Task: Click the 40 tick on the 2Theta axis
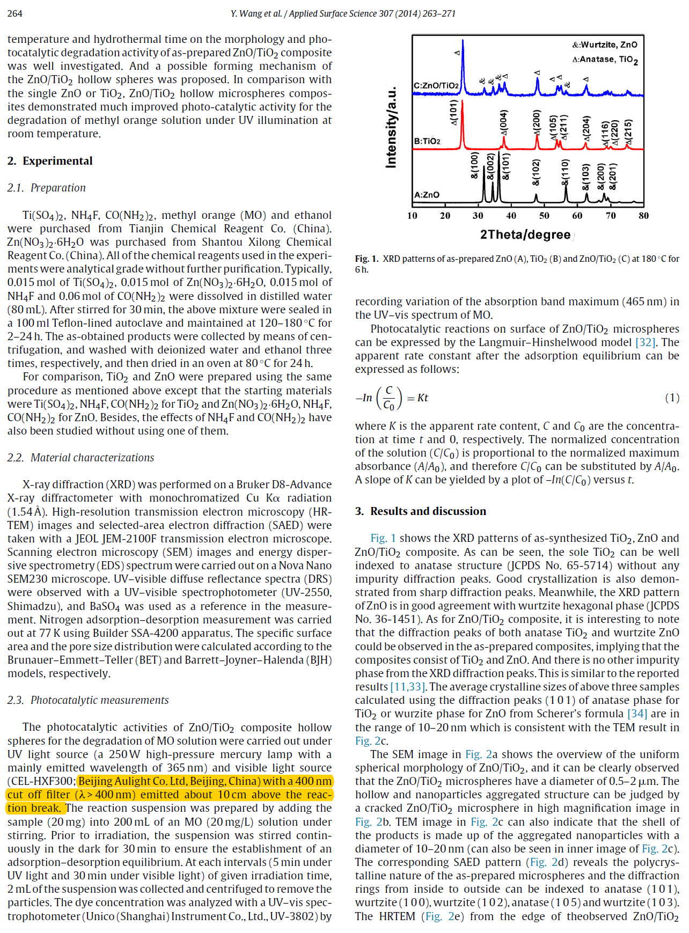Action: [511, 216]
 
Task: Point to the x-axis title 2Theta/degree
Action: [525, 234]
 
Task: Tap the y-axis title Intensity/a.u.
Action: [391, 127]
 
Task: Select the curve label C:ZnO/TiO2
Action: [436, 85]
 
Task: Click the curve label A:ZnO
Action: [427, 195]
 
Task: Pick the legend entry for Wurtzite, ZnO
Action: [605, 45]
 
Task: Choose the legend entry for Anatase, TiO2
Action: [605, 60]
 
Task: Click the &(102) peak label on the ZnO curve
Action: [536, 172]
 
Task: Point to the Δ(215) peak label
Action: [628, 132]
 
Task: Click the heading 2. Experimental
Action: [50, 161]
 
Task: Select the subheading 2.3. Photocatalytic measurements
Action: [88, 700]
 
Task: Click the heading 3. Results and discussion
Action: [421, 511]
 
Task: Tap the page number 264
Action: [15, 13]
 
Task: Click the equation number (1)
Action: [672, 398]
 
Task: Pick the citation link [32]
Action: [645, 342]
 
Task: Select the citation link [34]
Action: [637, 714]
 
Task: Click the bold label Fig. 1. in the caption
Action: [367, 259]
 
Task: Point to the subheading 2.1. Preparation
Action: [46, 188]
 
